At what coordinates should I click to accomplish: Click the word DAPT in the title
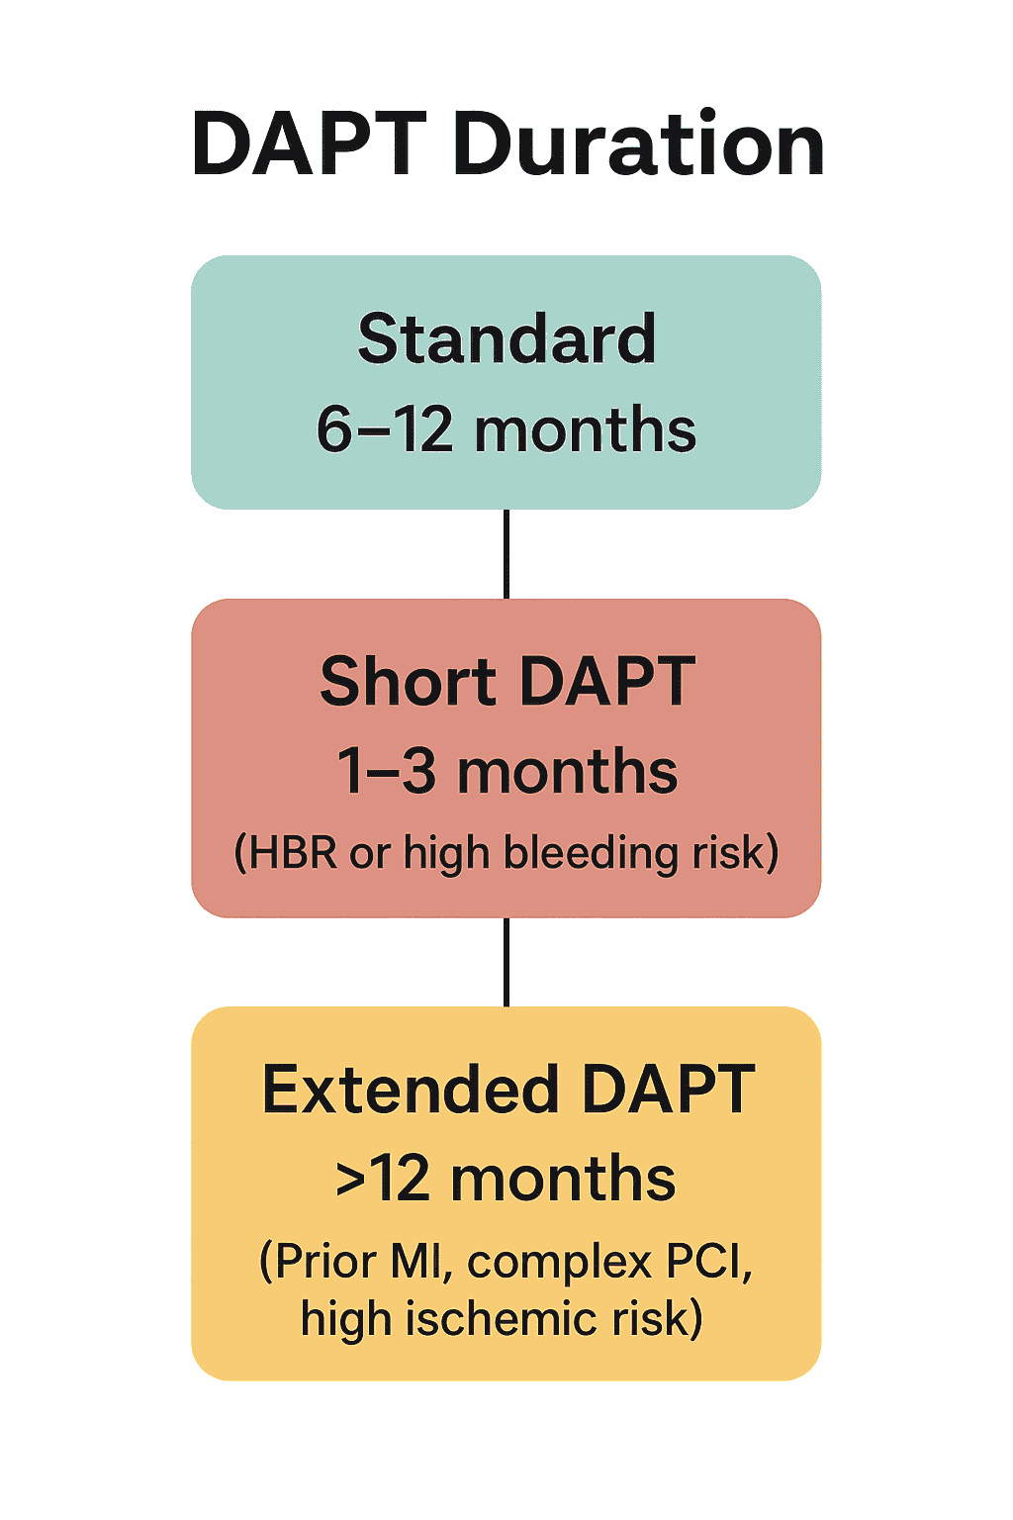point(310,143)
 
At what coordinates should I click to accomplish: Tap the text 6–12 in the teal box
point(384,428)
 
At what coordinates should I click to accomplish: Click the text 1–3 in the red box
point(386,771)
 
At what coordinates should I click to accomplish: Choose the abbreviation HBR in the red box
point(293,852)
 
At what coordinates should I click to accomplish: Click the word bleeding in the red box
point(591,853)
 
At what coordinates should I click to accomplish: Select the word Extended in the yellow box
point(411,1091)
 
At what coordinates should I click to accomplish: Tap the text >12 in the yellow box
point(383,1180)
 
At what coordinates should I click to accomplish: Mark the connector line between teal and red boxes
point(506,554)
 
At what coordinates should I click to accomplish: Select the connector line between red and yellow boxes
point(506,962)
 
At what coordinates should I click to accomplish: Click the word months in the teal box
point(585,429)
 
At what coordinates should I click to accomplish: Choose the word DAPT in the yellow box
point(668,1091)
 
